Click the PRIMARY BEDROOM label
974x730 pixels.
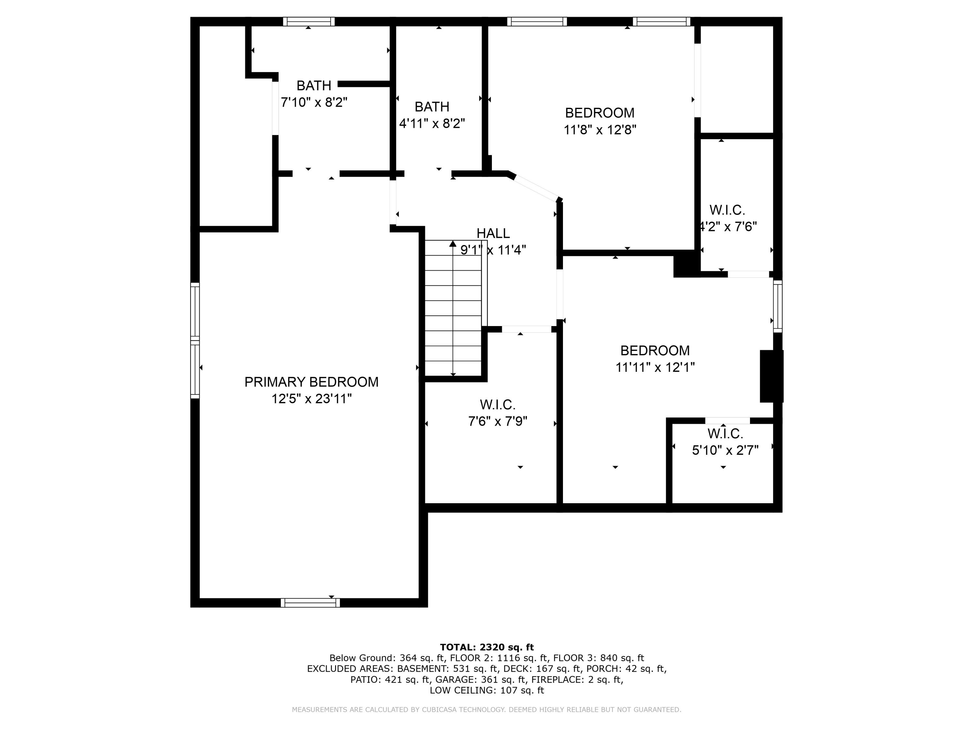pos(311,382)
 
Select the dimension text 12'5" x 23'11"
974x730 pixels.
pos(311,399)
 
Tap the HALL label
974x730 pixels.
pos(493,233)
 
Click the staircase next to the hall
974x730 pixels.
pos(453,308)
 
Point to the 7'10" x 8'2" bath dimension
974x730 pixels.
pos(314,102)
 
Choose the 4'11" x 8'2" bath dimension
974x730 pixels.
pos(432,123)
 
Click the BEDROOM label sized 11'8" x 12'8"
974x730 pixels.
pos(600,113)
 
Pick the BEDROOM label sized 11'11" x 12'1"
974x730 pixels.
pos(655,351)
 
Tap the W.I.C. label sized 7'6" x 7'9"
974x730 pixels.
pos(498,404)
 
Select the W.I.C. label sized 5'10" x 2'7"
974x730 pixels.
pos(725,434)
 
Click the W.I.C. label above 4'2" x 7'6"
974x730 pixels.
pos(727,210)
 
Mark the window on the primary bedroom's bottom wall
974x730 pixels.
pos(310,603)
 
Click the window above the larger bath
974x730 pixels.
pos(309,21)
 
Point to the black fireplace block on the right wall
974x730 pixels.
pos(771,376)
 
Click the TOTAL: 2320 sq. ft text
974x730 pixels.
pos(487,647)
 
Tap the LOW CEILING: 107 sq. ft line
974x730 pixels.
pos(487,690)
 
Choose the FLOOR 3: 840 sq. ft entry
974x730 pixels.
pos(598,658)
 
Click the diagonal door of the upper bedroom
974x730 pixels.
pos(536,188)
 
